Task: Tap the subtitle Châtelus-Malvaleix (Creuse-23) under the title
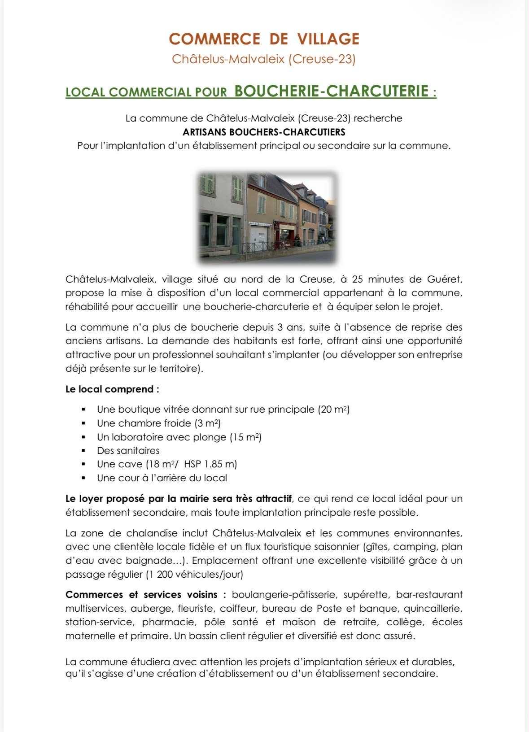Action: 264,59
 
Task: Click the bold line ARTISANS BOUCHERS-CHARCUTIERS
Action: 264,132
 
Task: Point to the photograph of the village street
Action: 267,217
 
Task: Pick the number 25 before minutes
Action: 357,279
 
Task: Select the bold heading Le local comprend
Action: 112,389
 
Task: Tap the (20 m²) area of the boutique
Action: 333,409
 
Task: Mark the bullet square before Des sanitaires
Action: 83,450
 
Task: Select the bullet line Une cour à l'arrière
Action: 162,478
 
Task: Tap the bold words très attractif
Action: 264,498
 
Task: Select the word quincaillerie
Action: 433,609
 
